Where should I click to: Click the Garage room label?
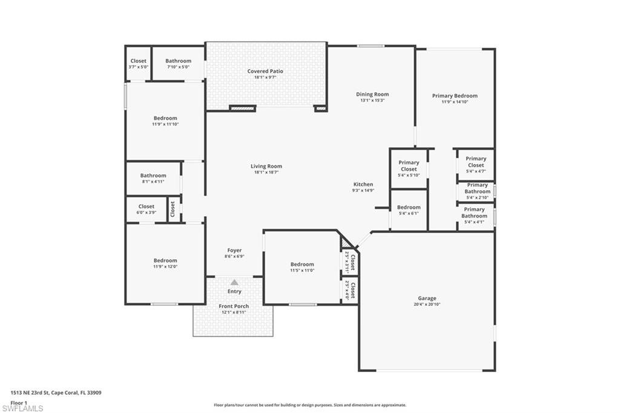427,298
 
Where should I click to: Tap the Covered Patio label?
265,71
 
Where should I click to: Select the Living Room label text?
266,167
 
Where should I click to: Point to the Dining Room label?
372,94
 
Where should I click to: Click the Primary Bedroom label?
455,96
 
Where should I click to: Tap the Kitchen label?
363,184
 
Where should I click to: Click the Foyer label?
234,250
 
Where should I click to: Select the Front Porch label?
234,306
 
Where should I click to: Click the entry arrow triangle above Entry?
234,282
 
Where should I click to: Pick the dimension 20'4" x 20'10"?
427,304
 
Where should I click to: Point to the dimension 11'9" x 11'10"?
165,124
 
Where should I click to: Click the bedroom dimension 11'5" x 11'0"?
302,270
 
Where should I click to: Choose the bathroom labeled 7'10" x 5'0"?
179,64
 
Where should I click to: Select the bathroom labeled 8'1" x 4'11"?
153,179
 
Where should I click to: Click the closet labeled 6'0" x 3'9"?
146,210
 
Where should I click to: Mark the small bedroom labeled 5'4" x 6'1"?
409,210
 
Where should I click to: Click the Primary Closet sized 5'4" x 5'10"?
409,169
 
